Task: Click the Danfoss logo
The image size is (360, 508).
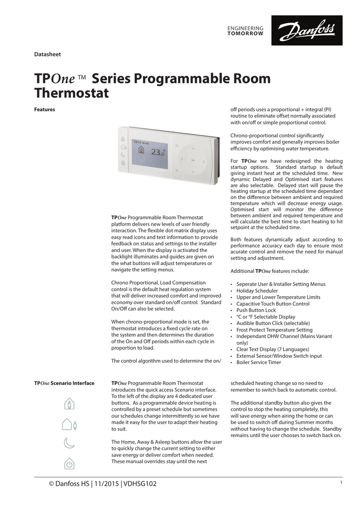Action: (x=310, y=31)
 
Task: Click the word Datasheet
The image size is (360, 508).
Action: (x=47, y=54)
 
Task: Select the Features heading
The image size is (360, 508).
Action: (x=44, y=109)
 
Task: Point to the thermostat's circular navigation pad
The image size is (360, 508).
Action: (x=193, y=160)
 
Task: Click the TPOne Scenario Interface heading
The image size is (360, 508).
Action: (x=64, y=383)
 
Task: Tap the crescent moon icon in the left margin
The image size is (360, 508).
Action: (x=69, y=443)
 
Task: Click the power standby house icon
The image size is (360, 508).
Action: (x=69, y=464)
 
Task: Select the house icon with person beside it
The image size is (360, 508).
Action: (x=69, y=424)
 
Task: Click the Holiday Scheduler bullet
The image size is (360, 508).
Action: (x=257, y=291)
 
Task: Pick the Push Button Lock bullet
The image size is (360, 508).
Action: (x=256, y=310)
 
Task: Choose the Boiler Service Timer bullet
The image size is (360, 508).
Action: (x=259, y=362)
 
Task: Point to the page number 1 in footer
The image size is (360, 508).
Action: (x=341, y=483)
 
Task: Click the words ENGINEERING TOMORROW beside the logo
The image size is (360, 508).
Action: (x=245, y=31)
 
